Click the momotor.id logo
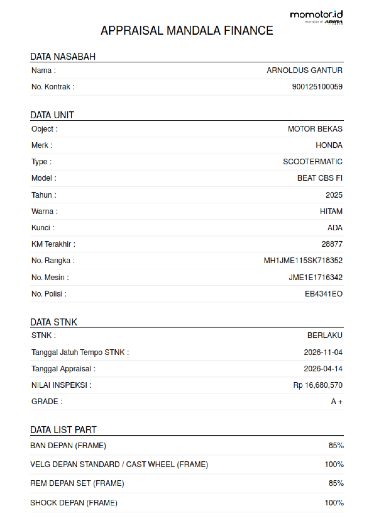(316, 17)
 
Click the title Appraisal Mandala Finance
(187, 31)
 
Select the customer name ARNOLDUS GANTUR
(304, 71)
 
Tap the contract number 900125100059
(317, 87)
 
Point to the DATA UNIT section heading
(52, 115)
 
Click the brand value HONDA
(329, 145)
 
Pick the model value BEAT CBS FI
(319, 178)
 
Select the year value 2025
(334, 195)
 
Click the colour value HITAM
(331, 212)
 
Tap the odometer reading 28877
(332, 244)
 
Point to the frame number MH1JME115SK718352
(303, 261)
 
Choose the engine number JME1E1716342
(315, 277)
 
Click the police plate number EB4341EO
(324, 294)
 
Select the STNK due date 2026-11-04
(323, 352)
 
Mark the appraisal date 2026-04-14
(323, 369)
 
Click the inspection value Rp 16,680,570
(318, 385)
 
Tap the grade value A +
(336, 402)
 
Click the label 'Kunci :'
(43, 228)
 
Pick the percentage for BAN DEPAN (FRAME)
(336, 446)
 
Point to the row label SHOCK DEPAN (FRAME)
(74, 503)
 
